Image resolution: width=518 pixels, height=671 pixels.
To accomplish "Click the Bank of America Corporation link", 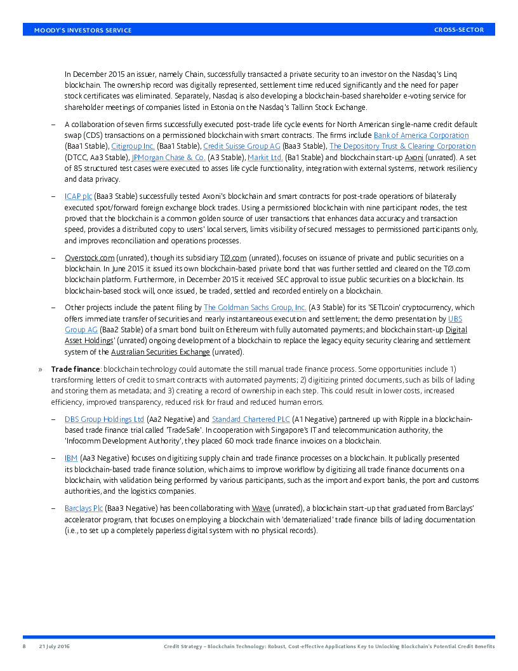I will coord(421,135).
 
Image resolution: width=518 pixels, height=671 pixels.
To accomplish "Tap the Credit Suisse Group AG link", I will coord(242,146).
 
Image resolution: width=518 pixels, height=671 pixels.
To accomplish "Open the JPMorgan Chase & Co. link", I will coord(168,158).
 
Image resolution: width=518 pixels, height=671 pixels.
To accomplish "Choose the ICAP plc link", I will coord(78,197).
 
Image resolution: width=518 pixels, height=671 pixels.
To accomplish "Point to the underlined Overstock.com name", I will coord(90,258).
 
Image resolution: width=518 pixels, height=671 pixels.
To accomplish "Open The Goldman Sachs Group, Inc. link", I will coord(255,308).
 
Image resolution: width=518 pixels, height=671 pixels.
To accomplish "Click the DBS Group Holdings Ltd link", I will coord(104,419).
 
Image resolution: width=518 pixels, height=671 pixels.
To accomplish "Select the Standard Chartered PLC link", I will coord(251,419).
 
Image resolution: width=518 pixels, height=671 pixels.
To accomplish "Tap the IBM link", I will coord(70,458).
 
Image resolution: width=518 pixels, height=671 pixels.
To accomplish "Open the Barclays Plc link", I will coord(84,508).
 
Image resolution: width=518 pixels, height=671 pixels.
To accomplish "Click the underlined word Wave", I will coord(261,508).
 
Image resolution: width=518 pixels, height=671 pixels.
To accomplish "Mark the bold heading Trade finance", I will coord(76,369).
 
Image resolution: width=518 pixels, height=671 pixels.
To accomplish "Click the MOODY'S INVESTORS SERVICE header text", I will coord(83,30).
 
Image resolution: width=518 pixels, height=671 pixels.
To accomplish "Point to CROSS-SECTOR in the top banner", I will coord(459,30).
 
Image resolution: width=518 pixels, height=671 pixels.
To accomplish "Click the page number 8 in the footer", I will coord(25,646).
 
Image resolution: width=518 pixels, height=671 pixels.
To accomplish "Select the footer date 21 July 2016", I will coord(54,646).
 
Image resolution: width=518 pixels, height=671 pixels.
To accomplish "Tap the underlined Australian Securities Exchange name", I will coord(160,352).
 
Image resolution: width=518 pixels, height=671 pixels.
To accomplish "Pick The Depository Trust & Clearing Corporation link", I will coord(402,146).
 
